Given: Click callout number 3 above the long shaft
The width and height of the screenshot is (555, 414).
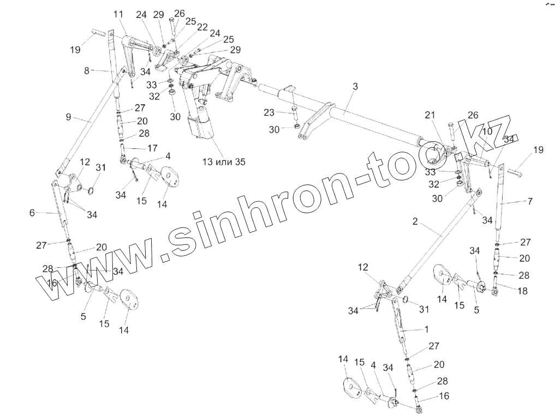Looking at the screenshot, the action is coord(355,86).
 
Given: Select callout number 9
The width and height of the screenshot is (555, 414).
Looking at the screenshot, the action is coord(68,116).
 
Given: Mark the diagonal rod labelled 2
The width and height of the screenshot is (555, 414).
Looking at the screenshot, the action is coord(437,240).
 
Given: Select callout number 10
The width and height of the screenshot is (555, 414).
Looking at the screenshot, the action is coord(487,131).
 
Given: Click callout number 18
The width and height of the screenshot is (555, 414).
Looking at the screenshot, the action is coord(522,292).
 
